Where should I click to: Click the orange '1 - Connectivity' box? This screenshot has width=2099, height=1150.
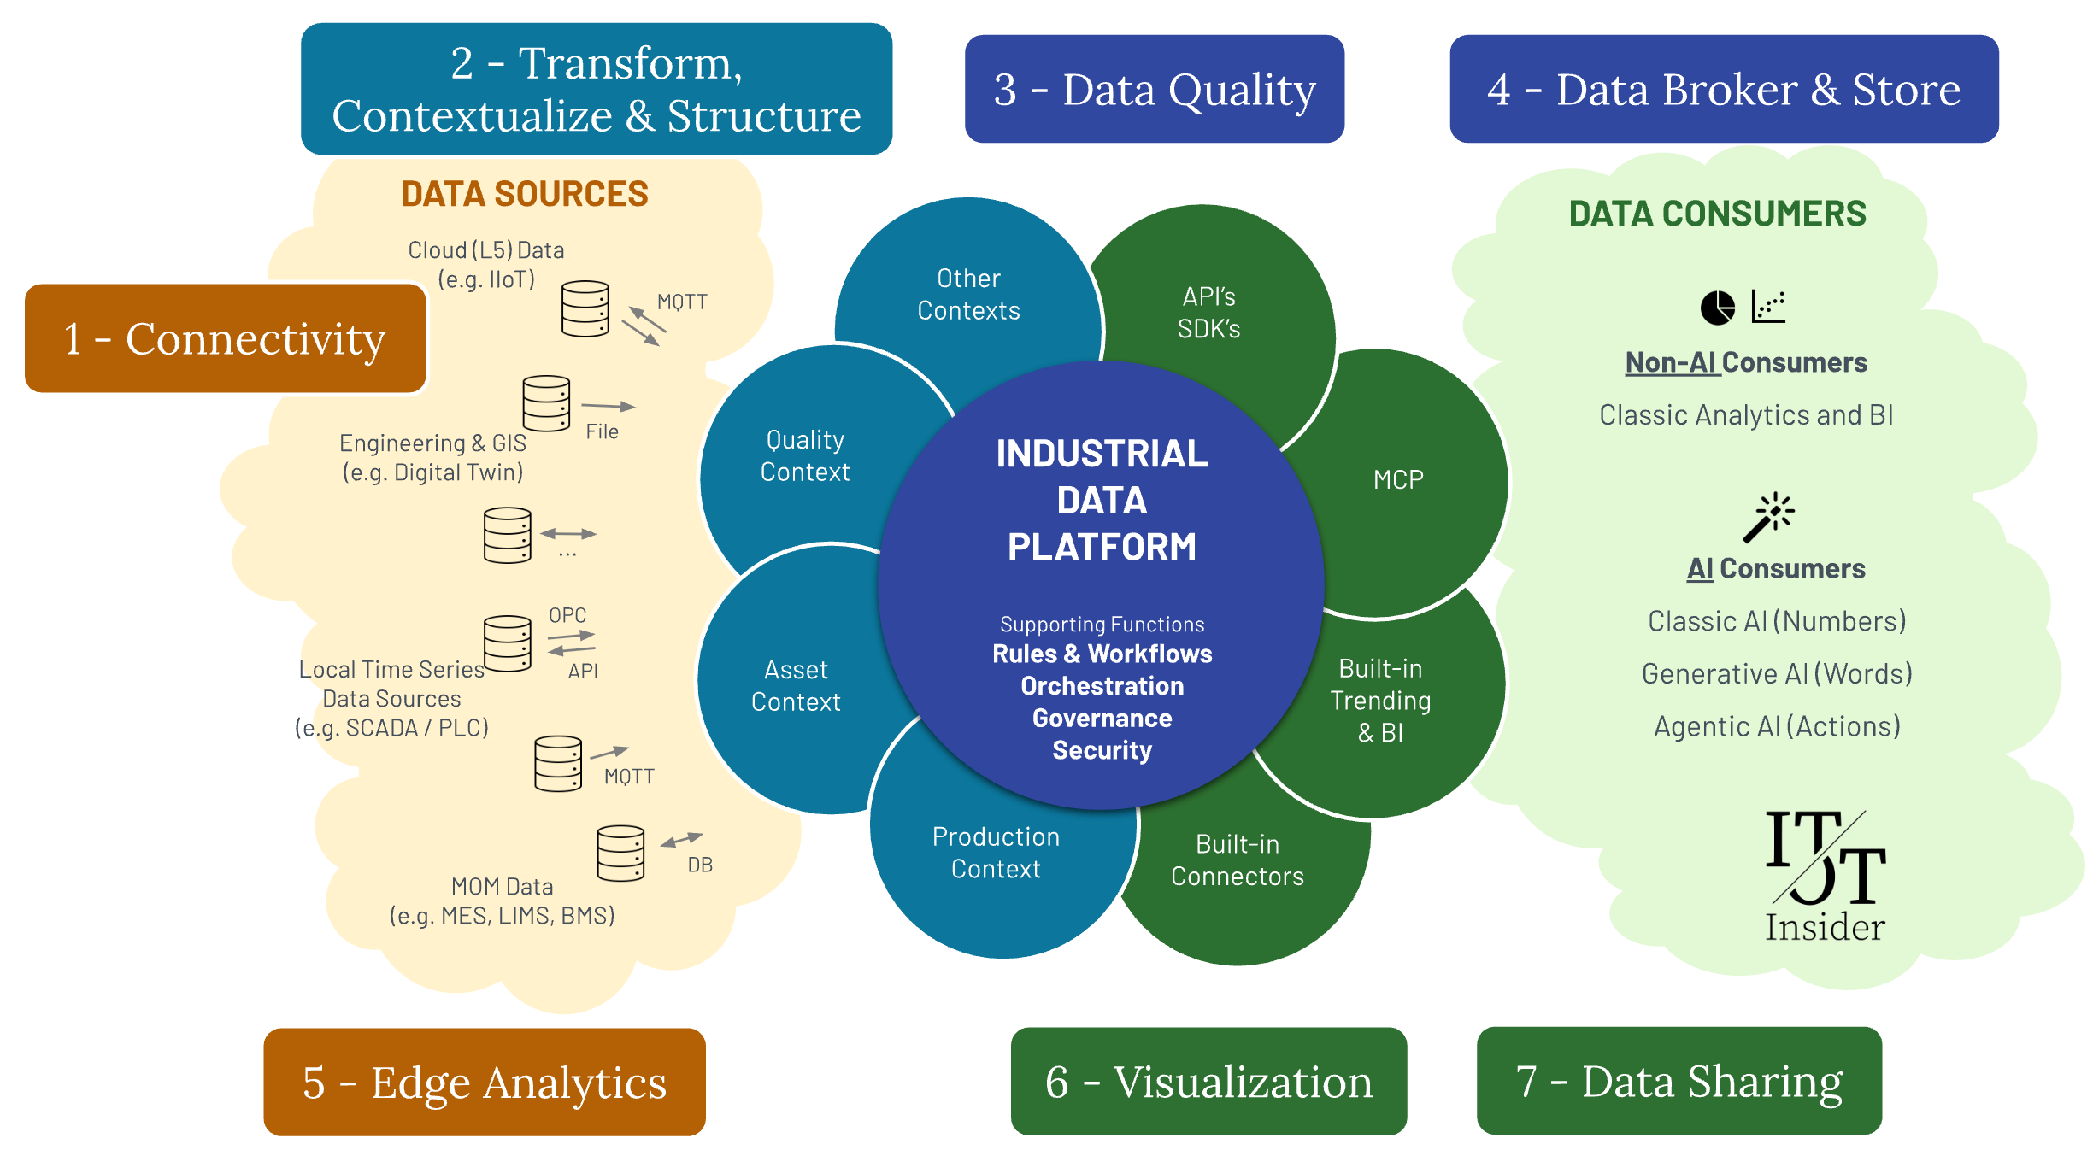click(x=225, y=338)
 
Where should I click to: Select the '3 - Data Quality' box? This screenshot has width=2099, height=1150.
click(x=1154, y=89)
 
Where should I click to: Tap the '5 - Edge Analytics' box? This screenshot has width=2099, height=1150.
click(x=484, y=1082)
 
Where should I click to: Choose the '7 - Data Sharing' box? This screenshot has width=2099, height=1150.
click(x=1679, y=1081)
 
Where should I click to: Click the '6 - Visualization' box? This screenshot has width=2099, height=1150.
click(x=1208, y=1082)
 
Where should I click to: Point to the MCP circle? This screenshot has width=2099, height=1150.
click(x=1398, y=479)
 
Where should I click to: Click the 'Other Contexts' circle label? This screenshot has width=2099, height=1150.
click(x=968, y=294)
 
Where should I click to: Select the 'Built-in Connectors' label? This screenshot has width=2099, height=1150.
click(x=1237, y=860)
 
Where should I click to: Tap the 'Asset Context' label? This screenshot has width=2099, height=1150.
click(x=796, y=685)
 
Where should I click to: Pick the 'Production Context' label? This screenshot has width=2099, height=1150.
click(x=996, y=852)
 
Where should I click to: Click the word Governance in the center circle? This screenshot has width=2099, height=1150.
click(x=1102, y=718)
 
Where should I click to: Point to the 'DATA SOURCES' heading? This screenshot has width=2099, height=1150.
click(x=525, y=194)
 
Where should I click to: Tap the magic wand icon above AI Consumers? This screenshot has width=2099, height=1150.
click(x=1767, y=517)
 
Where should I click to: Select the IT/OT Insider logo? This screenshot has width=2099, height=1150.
click(x=1825, y=876)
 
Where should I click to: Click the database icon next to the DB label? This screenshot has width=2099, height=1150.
click(x=620, y=853)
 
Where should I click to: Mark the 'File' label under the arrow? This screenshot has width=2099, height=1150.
click(x=602, y=431)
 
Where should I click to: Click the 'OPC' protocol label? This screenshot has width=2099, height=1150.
click(x=567, y=615)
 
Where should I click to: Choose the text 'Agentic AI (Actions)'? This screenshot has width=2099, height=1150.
click(x=1777, y=725)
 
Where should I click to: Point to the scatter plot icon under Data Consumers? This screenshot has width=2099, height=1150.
click(x=1768, y=306)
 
